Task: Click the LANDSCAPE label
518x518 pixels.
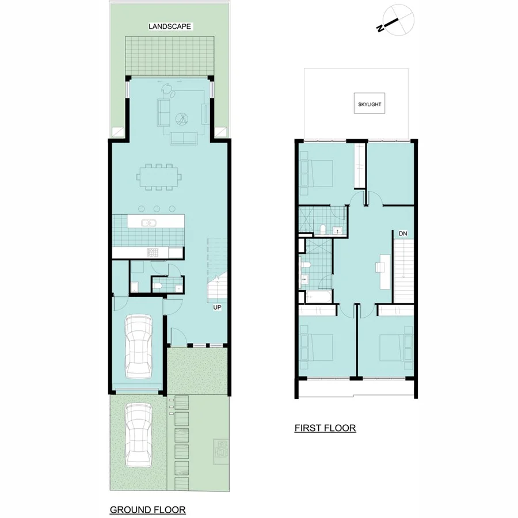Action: coord(169,26)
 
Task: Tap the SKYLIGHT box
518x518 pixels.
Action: coord(368,105)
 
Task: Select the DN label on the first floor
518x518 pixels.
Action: coord(403,234)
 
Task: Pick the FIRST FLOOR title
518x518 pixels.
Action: coord(325,428)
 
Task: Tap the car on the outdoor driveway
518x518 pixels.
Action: coord(138,435)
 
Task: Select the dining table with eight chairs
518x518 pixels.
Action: coord(159,177)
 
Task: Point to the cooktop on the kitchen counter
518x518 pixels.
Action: coord(153,252)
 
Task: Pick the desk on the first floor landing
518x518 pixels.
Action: coord(380,267)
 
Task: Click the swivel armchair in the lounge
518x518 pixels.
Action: coord(167,89)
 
